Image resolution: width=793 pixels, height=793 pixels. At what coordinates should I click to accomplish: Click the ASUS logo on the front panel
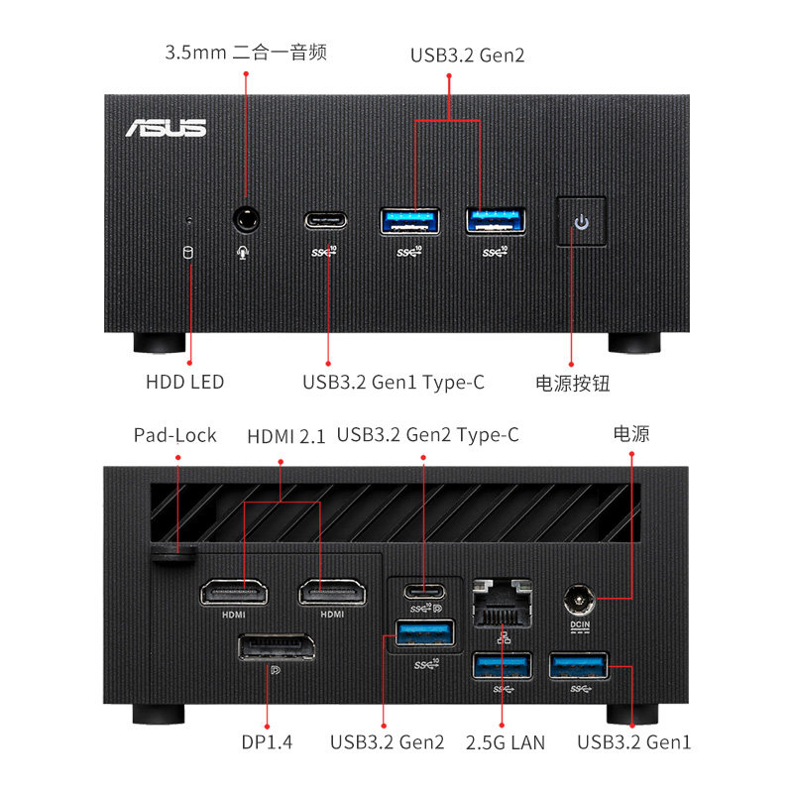pos(166,128)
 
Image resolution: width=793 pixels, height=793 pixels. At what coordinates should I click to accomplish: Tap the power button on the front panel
pos(581,220)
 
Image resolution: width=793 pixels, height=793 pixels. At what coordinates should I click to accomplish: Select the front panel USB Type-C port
pos(326,219)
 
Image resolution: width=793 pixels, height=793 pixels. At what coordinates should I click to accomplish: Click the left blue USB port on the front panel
pos(410,220)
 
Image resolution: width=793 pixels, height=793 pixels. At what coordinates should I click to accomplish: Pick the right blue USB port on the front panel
pos(496,220)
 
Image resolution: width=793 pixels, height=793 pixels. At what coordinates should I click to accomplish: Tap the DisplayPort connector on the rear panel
pos(276,651)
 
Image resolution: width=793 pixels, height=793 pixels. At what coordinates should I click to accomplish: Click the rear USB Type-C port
pos(424,592)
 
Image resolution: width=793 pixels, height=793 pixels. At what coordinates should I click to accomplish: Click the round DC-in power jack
pos(578,599)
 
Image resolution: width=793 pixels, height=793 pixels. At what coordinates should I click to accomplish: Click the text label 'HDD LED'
pos(184,382)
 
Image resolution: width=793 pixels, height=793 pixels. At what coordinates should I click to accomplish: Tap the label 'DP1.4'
pos(267,741)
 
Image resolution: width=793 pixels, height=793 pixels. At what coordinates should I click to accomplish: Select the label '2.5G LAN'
pos(506,741)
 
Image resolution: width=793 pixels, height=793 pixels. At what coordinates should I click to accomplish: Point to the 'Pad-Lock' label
pos(175,435)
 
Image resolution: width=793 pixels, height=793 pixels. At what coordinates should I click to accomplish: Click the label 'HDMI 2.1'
pos(285,435)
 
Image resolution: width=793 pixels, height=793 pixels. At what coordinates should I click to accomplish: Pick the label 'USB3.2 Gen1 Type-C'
pos(394,382)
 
